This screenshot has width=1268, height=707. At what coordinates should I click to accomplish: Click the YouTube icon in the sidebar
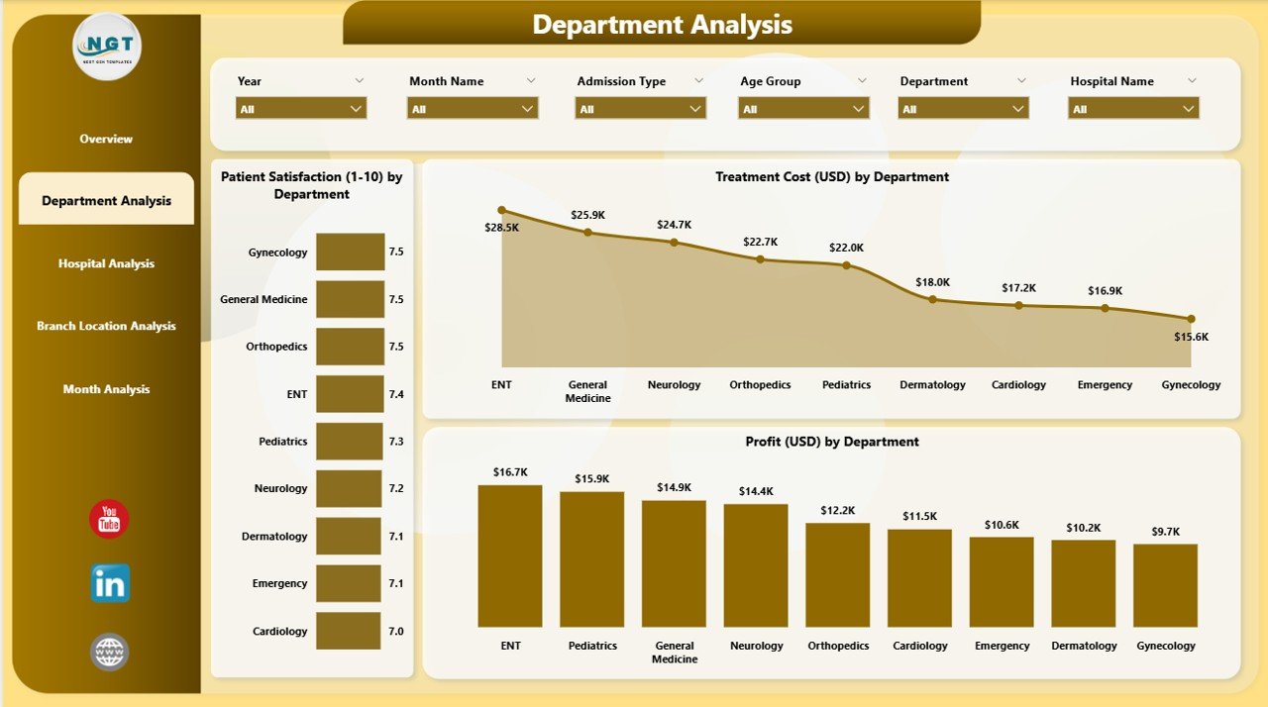pos(109,520)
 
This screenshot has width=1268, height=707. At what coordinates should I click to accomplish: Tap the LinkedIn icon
pos(109,584)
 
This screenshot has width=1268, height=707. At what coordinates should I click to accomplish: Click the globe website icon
pos(109,653)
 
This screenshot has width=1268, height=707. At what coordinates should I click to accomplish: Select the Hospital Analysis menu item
pos(106,263)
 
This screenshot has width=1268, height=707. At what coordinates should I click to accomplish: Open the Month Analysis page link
pos(106,389)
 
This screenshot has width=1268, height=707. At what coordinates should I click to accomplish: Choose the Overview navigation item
pos(106,139)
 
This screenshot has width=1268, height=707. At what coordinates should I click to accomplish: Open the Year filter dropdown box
pos(301,109)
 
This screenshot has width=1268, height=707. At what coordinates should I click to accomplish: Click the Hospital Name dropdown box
pos(1134,109)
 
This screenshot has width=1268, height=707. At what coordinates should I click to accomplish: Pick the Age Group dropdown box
pos(803,109)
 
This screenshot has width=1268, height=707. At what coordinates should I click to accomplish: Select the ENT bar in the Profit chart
pos(510,555)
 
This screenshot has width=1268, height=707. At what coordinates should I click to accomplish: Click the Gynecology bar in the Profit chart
pos(1165,585)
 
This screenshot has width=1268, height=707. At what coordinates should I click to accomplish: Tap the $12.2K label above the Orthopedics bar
pos(837,510)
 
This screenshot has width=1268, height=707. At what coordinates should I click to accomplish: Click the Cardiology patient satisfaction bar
pos(348,631)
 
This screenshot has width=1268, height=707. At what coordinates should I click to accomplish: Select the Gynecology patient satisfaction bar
pos(350,252)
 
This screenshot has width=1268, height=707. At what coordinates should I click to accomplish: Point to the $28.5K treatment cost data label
pos(501,227)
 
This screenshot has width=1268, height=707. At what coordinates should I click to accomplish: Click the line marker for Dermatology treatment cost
pos(932,299)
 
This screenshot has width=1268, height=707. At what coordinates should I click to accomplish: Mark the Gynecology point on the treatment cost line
pos(1191,319)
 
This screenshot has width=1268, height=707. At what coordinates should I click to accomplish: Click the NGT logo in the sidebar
pos(107,46)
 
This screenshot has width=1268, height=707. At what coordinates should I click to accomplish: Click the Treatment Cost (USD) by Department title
pos(832,177)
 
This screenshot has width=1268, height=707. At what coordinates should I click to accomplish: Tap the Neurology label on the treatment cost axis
pos(674,385)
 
